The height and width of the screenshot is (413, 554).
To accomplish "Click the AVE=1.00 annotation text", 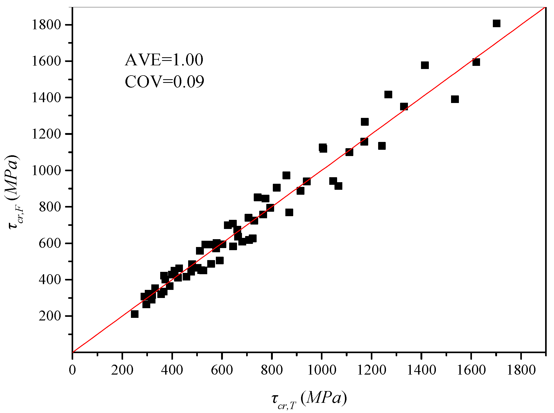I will (164, 60).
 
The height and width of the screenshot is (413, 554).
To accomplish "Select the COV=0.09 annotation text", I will (164, 82).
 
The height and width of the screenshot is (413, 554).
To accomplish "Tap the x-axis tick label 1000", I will (321, 370).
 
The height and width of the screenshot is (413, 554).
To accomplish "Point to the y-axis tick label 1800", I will (46, 25).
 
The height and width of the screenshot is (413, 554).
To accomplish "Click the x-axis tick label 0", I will (72, 370).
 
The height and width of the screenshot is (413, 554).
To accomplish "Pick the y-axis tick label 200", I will (50, 316).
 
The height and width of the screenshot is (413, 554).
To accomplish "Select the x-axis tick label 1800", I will (521, 370).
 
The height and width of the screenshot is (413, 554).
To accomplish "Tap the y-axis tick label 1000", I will (46, 170).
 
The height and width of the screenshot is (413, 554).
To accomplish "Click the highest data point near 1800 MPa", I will (497, 24).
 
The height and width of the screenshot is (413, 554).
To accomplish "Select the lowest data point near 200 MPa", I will (135, 314).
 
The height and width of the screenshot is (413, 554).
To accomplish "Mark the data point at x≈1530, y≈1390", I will (455, 99).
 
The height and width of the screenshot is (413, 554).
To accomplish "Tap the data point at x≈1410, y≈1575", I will (425, 65).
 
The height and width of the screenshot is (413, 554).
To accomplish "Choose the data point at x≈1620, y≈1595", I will (476, 62).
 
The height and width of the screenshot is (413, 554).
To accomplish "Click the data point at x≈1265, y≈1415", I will (388, 95).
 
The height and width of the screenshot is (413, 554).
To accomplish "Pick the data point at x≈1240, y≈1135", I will (382, 146).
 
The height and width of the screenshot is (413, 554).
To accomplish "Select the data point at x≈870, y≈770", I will (289, 212).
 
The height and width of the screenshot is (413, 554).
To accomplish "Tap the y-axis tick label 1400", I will (46, 98).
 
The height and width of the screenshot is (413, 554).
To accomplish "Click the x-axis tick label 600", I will (222, 370).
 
